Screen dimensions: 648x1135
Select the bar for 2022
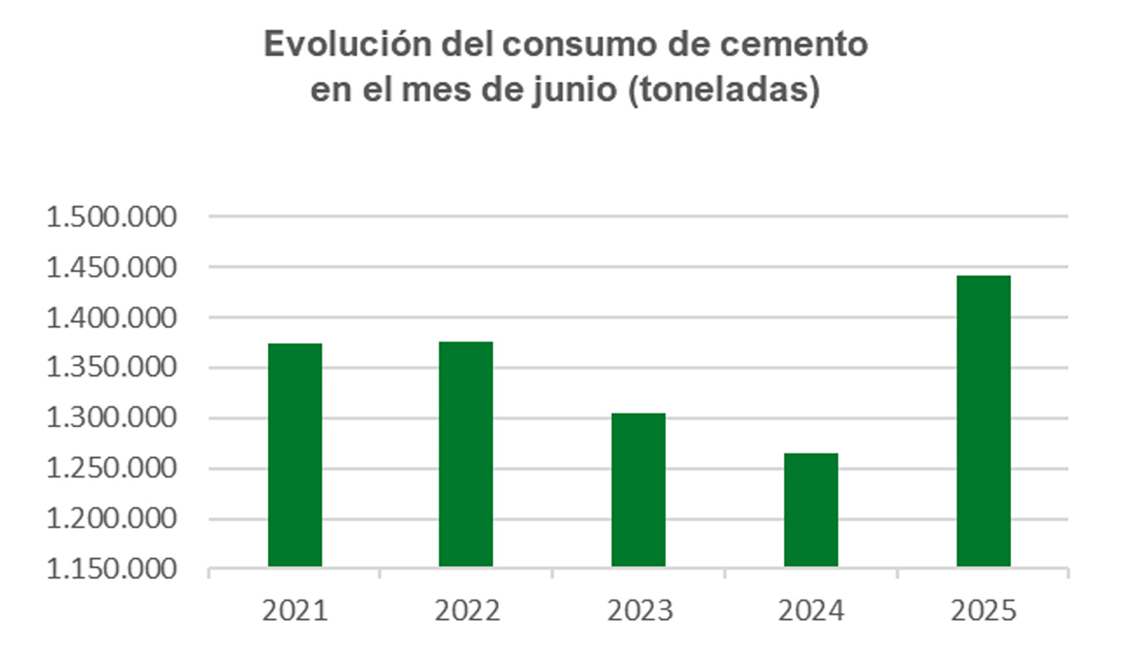466,454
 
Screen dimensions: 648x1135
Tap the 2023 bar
638,490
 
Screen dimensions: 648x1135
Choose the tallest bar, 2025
983,421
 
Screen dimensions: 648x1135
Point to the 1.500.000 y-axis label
112,217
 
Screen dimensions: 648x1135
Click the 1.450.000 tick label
112,268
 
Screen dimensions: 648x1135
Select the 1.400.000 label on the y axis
112,318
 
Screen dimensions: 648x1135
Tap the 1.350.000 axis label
112,367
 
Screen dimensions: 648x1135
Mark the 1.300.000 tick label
112,418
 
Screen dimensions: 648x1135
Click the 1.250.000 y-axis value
112,469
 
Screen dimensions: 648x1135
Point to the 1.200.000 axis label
112,519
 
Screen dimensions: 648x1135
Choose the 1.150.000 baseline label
112,569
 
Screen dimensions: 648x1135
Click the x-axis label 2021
295,611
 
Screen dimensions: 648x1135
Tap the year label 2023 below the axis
640,611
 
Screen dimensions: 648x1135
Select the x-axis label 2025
984,611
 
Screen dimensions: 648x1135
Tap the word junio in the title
575,90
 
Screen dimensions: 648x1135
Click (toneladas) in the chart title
724,90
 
